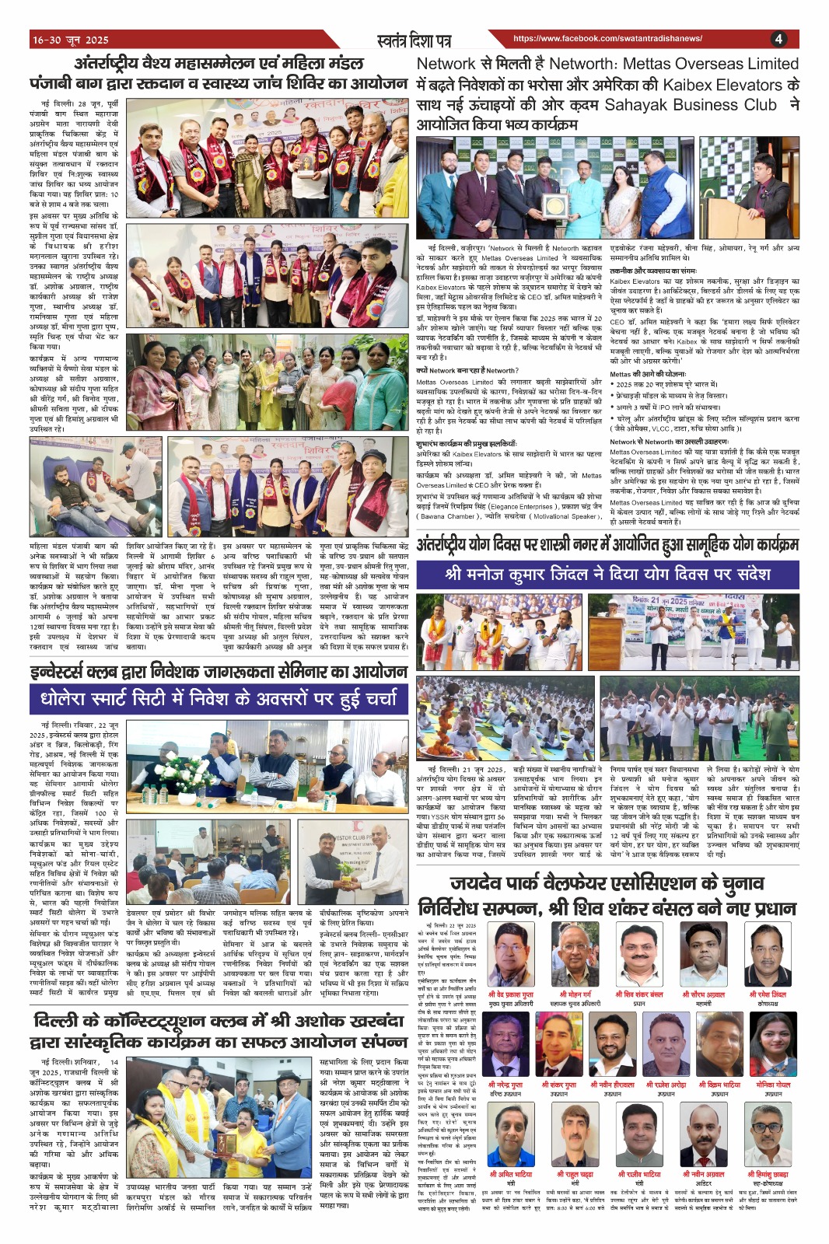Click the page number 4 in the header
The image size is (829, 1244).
point(778,39)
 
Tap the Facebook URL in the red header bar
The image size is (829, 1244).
point(607,38)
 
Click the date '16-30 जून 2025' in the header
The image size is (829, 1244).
point(71,40)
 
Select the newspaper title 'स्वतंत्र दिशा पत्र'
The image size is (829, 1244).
point(413,39)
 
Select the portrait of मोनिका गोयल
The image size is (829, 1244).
point(772,1044)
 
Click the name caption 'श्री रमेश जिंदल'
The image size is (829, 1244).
point(768,994)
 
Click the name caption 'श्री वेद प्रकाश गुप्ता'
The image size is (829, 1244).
point(511,994)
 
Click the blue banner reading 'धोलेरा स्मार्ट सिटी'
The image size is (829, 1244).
point(219,699)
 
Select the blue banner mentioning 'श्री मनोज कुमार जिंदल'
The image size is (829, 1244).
point(607,575)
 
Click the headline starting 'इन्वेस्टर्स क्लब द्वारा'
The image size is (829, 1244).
point(219,672)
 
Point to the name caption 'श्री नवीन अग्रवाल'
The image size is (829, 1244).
point(704,1174)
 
